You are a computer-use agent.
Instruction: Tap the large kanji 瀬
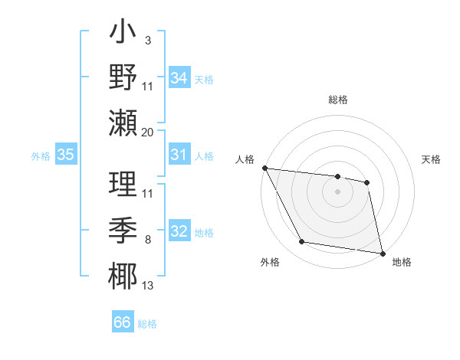pos(123,122)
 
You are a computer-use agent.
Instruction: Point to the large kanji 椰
pos(123,275)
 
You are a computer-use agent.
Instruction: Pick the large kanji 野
pos(123,77)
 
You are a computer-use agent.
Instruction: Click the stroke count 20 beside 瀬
pos(148,132)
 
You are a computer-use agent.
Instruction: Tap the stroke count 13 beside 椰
pos(148,286)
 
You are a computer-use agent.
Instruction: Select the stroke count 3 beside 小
pos(147,39)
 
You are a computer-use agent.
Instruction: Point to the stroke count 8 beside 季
pos(147,240)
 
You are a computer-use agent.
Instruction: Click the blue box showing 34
pos(179,77)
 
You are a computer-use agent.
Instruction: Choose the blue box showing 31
pos(179,155)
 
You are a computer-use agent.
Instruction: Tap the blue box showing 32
pos(179,231)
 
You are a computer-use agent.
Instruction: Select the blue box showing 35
pos(66,155)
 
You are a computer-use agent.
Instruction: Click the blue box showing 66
pos(123,322)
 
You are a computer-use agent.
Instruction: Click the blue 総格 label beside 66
pos(147,324)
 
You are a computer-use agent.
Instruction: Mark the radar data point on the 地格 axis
pos(382,253)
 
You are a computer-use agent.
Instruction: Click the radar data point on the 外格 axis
pos(302,243)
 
